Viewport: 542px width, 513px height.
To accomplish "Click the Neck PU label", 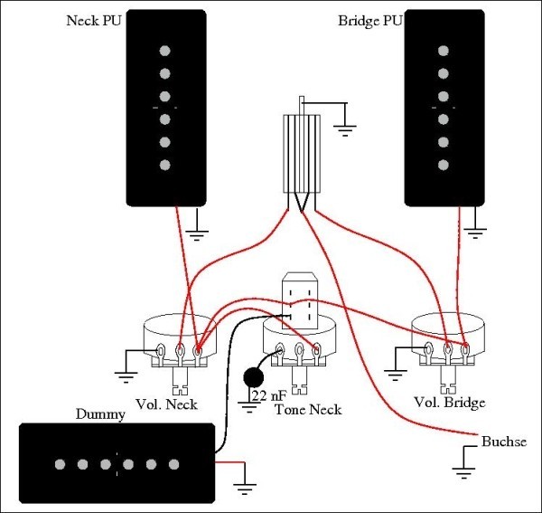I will [94, 20].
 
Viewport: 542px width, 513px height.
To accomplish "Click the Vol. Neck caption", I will [166, 404].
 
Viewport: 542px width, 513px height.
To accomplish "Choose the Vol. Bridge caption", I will [449, 402].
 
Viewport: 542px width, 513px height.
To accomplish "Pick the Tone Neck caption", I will [308, 410].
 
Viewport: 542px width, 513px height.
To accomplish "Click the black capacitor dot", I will [253, 375].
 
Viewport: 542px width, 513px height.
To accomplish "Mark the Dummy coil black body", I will [116, 464].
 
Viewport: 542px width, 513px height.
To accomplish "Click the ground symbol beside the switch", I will [345, 127].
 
